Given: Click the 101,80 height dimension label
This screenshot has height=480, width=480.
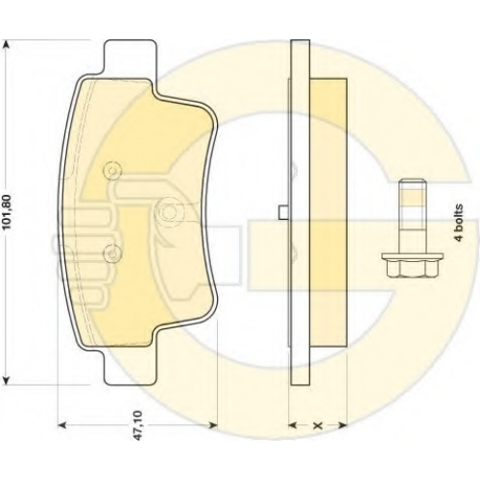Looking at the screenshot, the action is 7,212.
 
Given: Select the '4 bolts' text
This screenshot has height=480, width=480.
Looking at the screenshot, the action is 459,222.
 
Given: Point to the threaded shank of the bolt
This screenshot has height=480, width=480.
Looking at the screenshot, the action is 413,217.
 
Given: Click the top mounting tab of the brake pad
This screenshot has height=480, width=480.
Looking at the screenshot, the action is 131,58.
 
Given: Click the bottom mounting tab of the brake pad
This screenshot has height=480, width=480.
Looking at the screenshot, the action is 131,367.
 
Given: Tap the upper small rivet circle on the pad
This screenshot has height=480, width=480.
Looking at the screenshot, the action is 112,171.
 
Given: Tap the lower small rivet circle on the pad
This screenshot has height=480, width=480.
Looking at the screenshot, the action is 112,253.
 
